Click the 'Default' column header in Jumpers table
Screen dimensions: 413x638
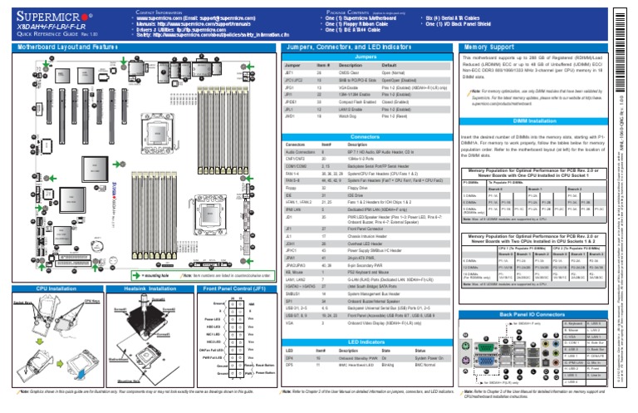tap(389, 65)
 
